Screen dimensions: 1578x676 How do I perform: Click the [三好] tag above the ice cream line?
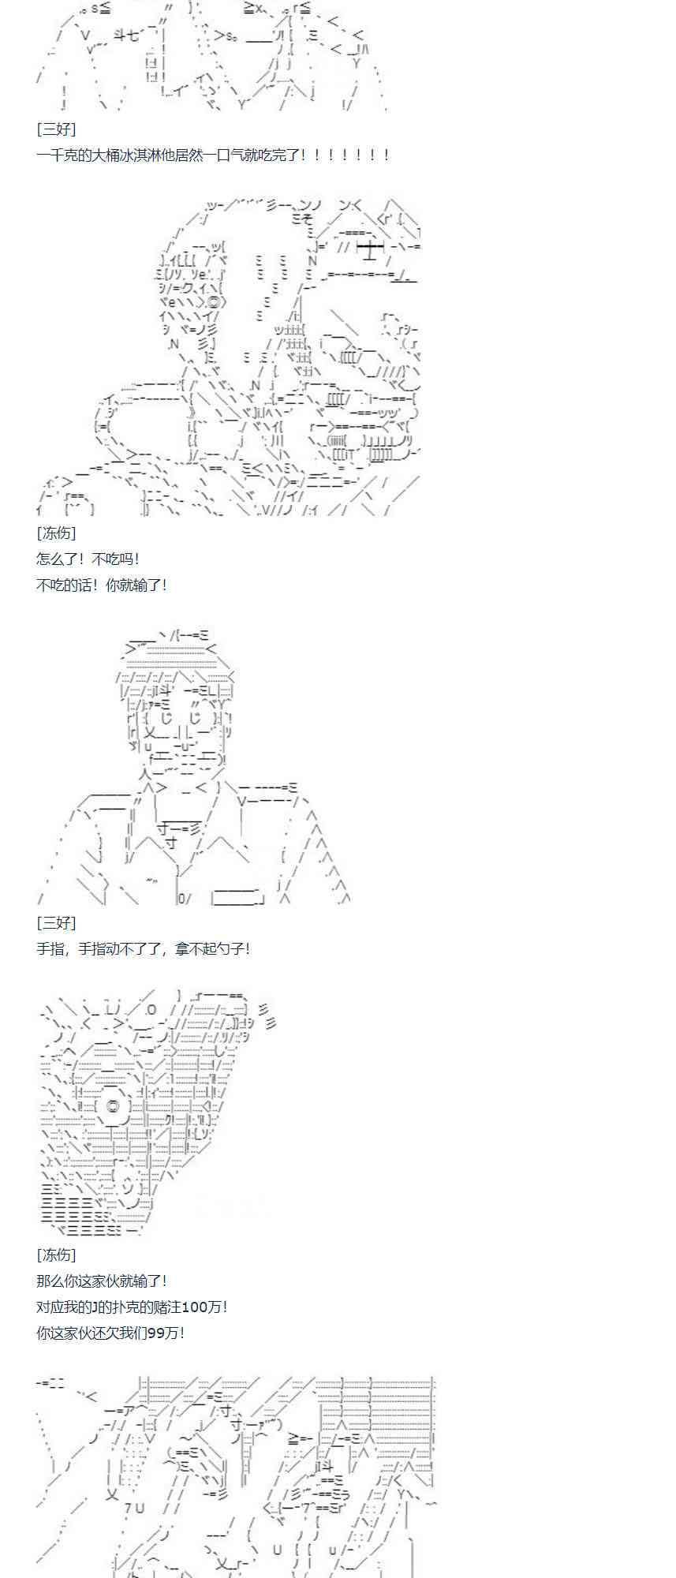pos(56,129)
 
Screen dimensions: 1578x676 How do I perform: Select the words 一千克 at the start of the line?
pos(56,155)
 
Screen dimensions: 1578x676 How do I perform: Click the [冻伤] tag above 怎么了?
pos(56,533)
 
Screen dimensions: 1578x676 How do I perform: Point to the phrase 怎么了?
pos(56,559)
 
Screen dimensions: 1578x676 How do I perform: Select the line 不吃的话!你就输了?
pos(102,585)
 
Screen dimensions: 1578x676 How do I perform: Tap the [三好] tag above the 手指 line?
pos(56,922)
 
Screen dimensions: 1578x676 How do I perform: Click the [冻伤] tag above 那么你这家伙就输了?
pos(56,1255)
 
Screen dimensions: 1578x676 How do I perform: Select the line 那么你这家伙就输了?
pos(102,1281)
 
